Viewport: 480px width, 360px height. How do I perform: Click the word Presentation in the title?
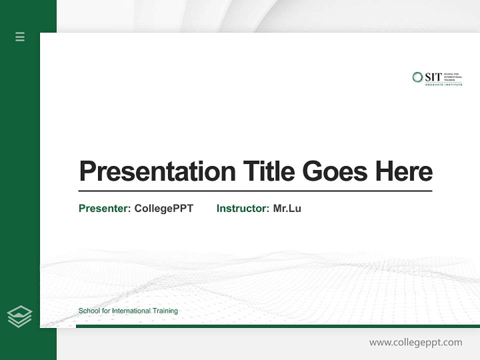pyautogui.click(x=157, y=171)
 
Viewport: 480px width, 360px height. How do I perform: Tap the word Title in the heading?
pyautogui.click(x=268, y=171)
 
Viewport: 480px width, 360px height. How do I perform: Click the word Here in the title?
pyautogui.click(x=403, y=171)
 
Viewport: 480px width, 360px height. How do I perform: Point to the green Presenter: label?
pyautogui.click(x=104, y=208)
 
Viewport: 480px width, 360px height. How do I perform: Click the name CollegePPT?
pyautogui.click(x=163, y=208)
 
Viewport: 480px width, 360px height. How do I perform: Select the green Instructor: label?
pyautogui.click(x=242, y=208)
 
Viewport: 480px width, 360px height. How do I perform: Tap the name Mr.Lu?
pyautogui.click(x=287, y=208)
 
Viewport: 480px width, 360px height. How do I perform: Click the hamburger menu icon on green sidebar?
pyautogui.click(x=20, y=36)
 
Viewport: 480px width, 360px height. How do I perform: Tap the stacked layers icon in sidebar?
pyautogui.click(x=20, y=316)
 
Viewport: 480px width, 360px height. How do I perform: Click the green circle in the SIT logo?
pyautogui.click(x=417, y=77)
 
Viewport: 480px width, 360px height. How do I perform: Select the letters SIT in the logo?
pyautogui.click(x=433, y=77)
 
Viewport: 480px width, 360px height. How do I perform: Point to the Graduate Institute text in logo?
pyautogui.click(x=443, y=85)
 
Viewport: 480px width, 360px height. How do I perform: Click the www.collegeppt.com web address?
pyautogui.click(x=415, y=342)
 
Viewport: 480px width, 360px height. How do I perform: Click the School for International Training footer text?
pyautogui.click(x=128, y=311)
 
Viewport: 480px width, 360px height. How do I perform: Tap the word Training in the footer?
pyautogui.click(x=165, y=311)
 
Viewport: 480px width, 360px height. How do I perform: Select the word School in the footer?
pyautogui.click(x=88, y=311)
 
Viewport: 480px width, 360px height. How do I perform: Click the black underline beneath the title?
pyautogui.click(x=255, y=191)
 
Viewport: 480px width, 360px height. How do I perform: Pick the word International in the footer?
pyautogui.click(x=131, y=311)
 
